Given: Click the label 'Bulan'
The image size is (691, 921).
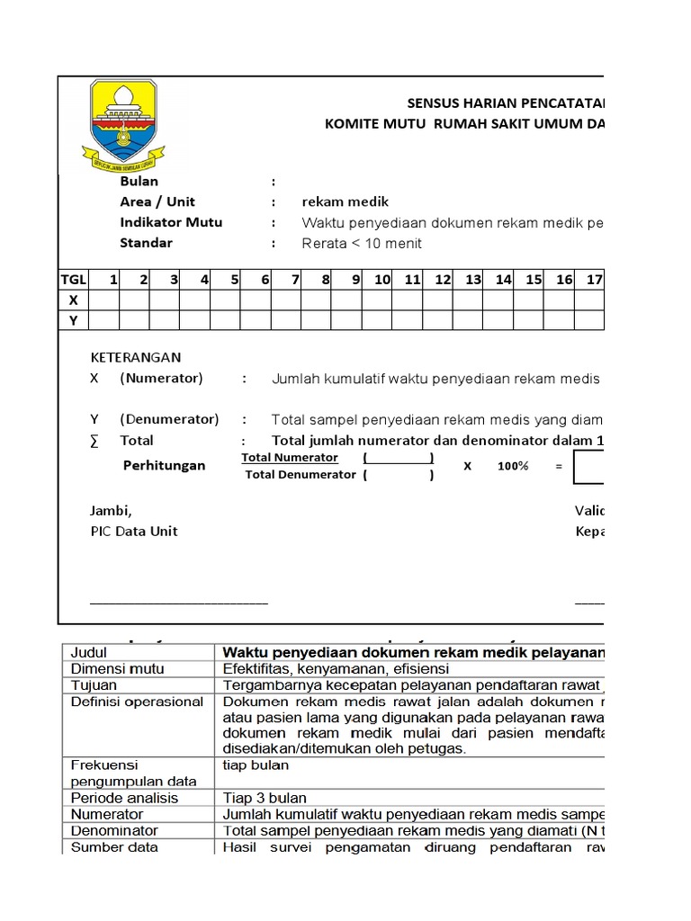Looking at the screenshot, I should [x=139, y=182].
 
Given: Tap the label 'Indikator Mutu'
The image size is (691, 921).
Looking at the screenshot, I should [x=171, y=222].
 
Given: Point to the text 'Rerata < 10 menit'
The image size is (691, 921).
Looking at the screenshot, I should [x=362, y=244].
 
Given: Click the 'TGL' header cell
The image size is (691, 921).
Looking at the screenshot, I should [x=73, y=280].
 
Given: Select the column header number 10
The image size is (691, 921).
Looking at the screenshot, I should [x=382, y=280].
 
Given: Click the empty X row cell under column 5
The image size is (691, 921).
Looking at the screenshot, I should [x=225, y=300].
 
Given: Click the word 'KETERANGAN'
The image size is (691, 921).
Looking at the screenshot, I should [x=135, y=358].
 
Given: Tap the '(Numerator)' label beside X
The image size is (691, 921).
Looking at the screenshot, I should [x=162, y=379].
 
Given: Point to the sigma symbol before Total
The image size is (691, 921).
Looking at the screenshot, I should [x=94, y=441].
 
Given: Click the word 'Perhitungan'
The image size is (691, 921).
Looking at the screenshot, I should [x=164, y=466].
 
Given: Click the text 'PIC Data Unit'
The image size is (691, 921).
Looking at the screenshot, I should [x=134, y=532].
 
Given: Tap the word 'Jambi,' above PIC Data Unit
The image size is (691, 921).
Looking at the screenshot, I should [x=111, y=511].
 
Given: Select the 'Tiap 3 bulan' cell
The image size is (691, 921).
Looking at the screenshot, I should [x=265, y=798].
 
